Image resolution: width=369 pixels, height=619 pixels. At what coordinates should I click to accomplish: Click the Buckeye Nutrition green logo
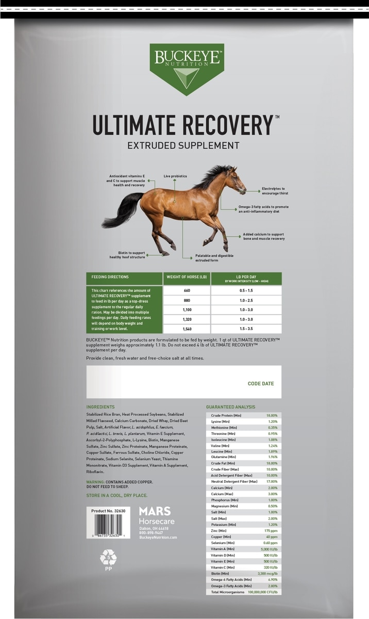[x=187, y=67]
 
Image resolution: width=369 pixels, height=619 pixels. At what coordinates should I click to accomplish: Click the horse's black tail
[x=122, y=211]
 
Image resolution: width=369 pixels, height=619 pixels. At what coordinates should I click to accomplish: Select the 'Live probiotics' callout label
[x=175, y=176]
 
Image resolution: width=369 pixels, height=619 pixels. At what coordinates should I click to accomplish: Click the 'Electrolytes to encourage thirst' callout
[x=275, y=191]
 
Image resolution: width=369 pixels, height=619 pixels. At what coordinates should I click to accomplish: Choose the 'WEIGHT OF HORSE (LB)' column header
[x=187, y=277]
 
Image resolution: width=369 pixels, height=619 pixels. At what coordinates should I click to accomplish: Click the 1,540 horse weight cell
[x=187, y=329]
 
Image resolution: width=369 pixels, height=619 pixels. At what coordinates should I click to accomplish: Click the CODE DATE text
[x=261, y=384]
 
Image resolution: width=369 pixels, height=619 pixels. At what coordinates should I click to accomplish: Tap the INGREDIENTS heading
[x=100, y=407]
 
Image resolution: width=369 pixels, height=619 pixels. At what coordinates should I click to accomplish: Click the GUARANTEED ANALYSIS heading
[x=230, y=407]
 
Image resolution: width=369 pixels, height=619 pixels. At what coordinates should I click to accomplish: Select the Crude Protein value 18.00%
[x=272, y=415]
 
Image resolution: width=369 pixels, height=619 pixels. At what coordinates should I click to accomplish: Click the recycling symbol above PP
[x=108, y=557]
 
